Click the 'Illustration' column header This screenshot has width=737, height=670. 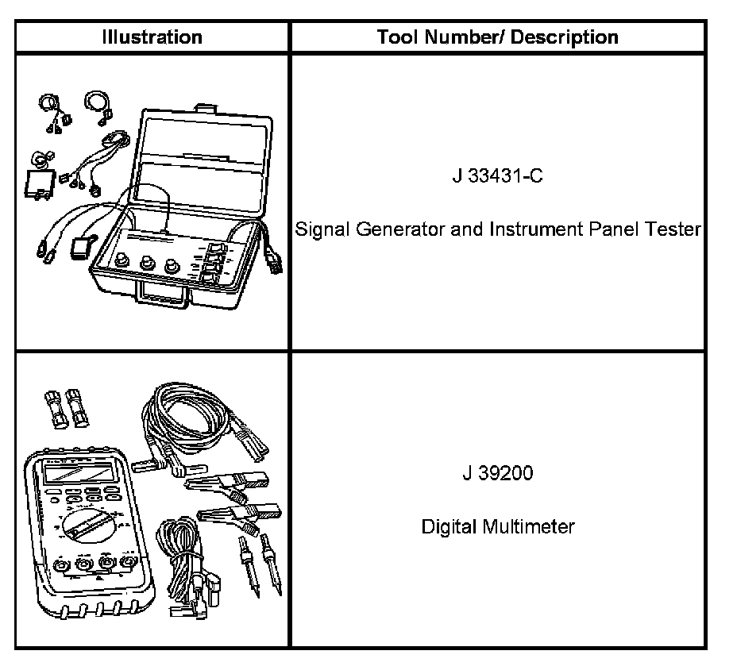(x=152, y=37)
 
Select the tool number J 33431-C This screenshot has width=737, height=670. (x=497, y=176)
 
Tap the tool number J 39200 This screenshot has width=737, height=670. (x=497, y=474)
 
